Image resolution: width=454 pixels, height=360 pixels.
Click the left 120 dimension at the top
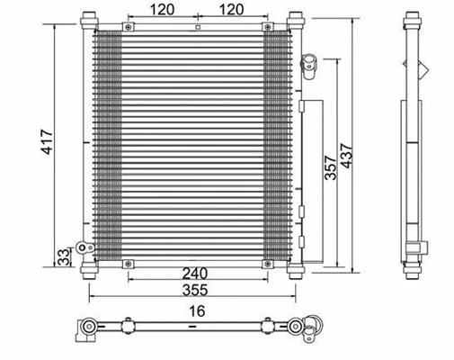point(162,10)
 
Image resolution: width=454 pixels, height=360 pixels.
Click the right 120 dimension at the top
point(231,10)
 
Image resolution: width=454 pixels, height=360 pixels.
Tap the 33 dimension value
point(63,256)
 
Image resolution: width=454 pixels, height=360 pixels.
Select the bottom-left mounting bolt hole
point(129,264)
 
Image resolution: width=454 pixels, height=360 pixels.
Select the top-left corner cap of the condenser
point(87,19)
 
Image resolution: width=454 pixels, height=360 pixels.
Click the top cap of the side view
point(413,19)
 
